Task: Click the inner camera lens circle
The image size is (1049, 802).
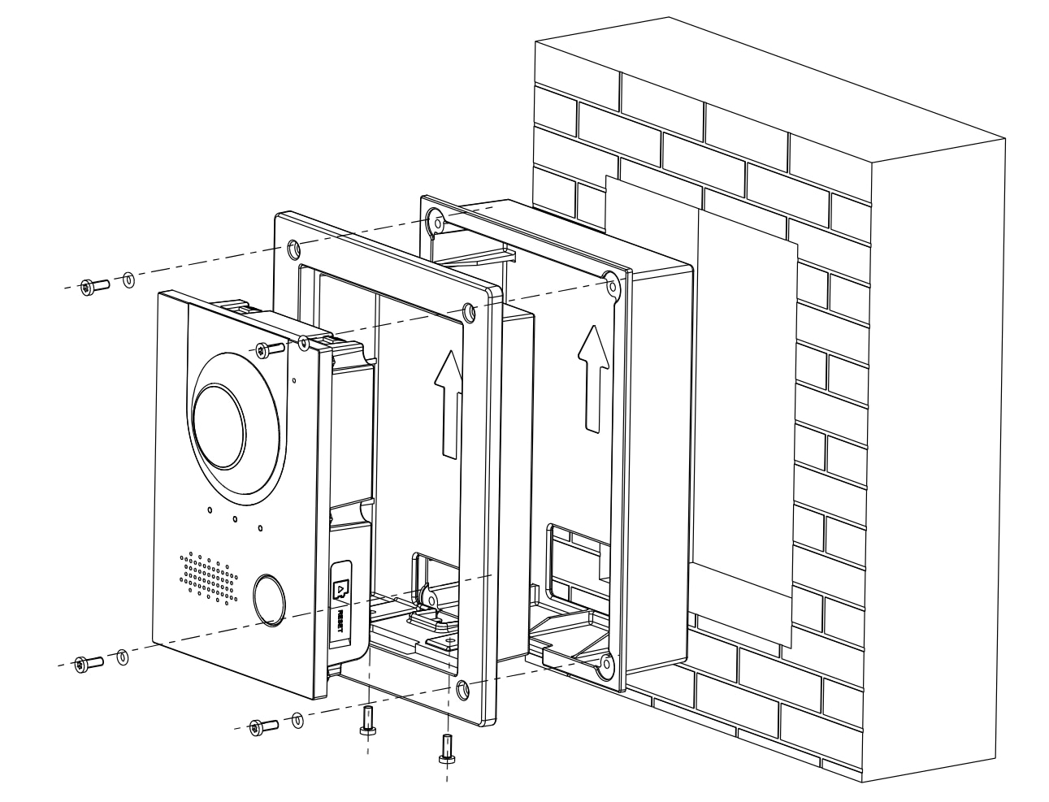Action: tap(220, 426)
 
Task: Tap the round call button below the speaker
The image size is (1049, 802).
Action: tap(269, 600)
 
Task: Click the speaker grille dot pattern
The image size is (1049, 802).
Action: tap(208, 577)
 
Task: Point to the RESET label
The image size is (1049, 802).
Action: tap(340, 621)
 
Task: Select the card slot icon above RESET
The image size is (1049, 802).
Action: tap(341, 589)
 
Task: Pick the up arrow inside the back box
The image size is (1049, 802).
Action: tap(593, 379)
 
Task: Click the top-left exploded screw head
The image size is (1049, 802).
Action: tap(87, 288)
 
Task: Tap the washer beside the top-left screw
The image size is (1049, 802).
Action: tap(128, 280)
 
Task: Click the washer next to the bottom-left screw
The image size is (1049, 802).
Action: tap(123, 657)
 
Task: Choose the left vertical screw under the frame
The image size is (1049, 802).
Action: tap(367, 720)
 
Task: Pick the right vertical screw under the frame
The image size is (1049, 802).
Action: tap(446, 748)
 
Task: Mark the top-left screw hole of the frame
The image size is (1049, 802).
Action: tap(293, 249)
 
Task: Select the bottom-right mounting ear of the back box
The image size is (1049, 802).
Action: tap(606, 664)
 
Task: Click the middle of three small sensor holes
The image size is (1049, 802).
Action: tap(235, 518)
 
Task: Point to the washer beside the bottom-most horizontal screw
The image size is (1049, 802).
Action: tap(297, 720)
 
